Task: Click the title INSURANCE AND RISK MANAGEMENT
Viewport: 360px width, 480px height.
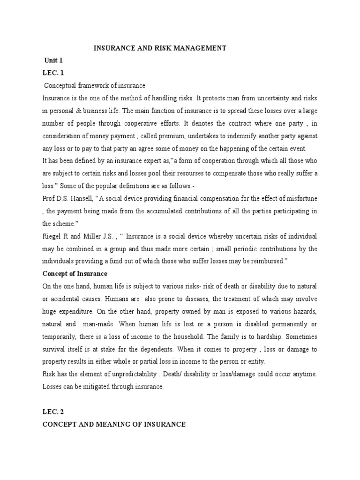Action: [160, 48]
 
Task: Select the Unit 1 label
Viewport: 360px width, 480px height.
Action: [53, 60]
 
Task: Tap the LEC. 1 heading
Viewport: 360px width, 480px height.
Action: [52, 73]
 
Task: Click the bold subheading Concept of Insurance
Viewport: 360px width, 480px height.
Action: [75, 273]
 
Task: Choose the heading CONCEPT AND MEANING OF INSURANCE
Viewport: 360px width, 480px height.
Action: [114, 424]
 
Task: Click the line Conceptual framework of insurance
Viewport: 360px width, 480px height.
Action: [95, 86]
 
